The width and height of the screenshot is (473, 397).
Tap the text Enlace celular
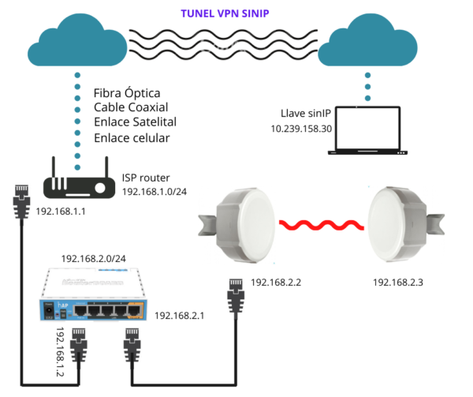click(132, 138)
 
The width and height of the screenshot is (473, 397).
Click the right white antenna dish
click(403, 215)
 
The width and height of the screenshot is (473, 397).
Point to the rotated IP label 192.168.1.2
click(61, 352)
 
